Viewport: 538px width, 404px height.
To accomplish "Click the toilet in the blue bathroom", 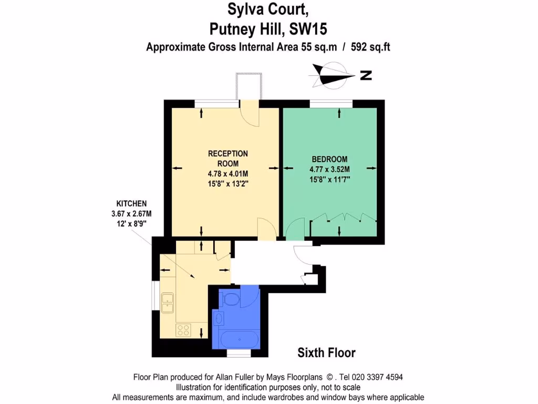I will (x=231, y=299).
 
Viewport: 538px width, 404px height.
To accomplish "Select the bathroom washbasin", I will (x=219, y=318).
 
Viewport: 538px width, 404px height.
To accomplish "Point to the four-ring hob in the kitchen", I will (x=184, y=330).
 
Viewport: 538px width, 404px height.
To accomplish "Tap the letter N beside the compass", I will (x=366, y=76).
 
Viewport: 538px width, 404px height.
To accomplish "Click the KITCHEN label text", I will (x=131, y=204).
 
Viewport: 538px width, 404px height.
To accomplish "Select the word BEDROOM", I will (x=329, y=159).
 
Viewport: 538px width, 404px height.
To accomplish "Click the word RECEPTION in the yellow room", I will (x=228, y=154).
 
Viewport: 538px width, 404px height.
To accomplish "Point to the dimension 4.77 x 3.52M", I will (x=329, y=169).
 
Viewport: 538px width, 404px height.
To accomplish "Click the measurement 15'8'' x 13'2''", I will (x=228, y=184).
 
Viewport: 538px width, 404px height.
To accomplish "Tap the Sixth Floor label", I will (x=326, y=352).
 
